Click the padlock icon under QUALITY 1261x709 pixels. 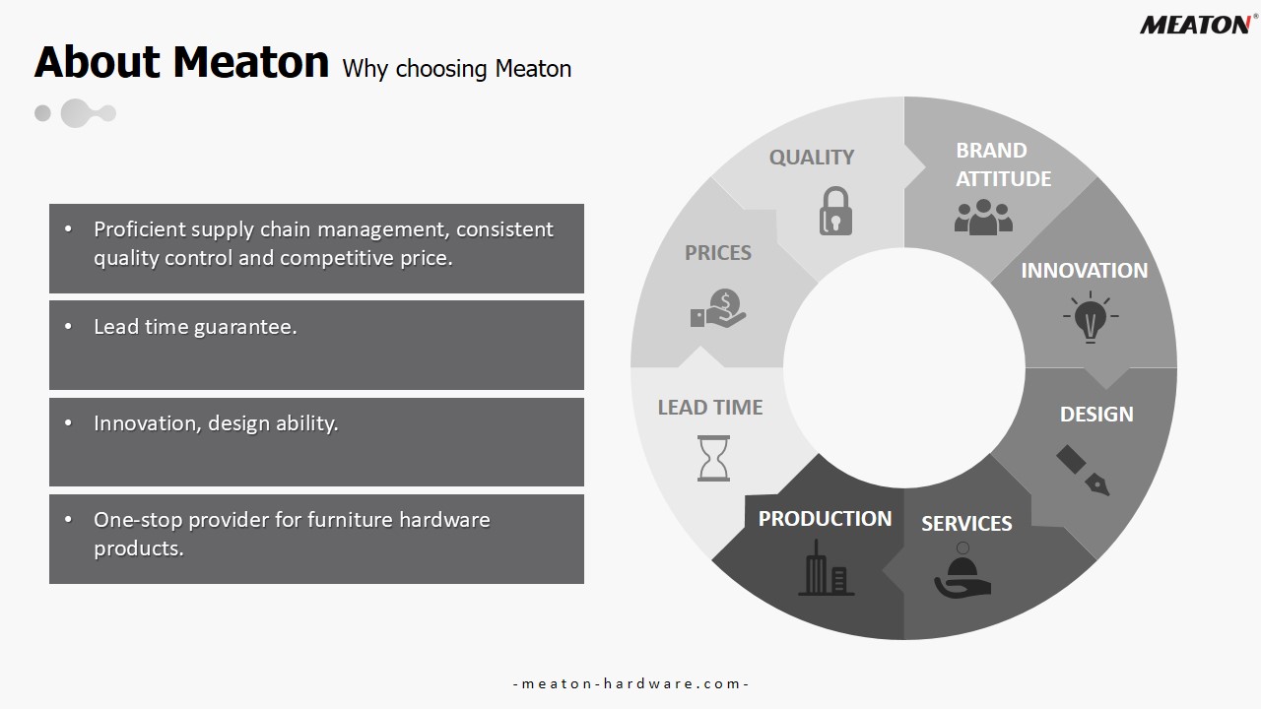click(835, 211)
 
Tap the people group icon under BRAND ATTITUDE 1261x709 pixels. click(983, 217)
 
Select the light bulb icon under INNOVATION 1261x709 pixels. click(1091, 317)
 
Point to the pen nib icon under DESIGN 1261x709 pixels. click(1083, 471)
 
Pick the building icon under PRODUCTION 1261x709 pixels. click(826, 567)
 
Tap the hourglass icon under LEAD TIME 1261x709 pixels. click(714, 458)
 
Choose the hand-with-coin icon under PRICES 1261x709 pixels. click(718, 308)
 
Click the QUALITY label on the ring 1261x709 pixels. click(812, 157)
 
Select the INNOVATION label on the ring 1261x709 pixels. click(1085, 271)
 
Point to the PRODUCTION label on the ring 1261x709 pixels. click(825, 519)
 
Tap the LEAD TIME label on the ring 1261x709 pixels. click(710, 408)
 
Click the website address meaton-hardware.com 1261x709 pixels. click(630, 683)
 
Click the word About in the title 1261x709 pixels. click(98, 62)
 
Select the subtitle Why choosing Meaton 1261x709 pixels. click(456, 69)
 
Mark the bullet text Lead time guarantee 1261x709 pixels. click(195, 326)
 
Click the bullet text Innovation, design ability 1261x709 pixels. click(216, 423)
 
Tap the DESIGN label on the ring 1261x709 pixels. click(1096, 415)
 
